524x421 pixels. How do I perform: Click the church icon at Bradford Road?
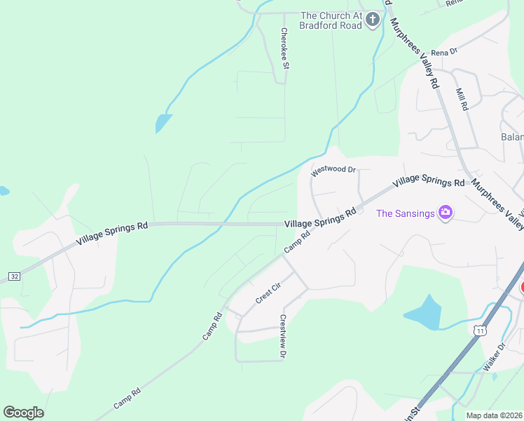tap(373, 20)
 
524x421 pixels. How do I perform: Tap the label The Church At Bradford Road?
tap(331, 20)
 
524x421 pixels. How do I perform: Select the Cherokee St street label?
tap(284, 48)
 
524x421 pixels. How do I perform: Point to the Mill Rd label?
tap(461, 99)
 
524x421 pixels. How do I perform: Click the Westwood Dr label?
tap(334, 170)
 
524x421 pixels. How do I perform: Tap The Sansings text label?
tap(406, 213)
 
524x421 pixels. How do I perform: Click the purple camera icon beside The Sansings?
tap(445, 212)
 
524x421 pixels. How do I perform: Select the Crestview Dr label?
tap(283, 336)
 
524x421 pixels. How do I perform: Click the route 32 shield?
tap(15, 276)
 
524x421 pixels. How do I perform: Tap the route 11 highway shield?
tap(480, 330)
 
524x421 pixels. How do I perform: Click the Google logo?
tap(23, 412)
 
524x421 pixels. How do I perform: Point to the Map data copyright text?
tap(495, 415)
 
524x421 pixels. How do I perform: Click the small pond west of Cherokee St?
tap(163, 123)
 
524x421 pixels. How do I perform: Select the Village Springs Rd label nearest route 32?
tap(113, 233)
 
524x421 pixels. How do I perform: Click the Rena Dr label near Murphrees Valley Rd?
tap(444, 52)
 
